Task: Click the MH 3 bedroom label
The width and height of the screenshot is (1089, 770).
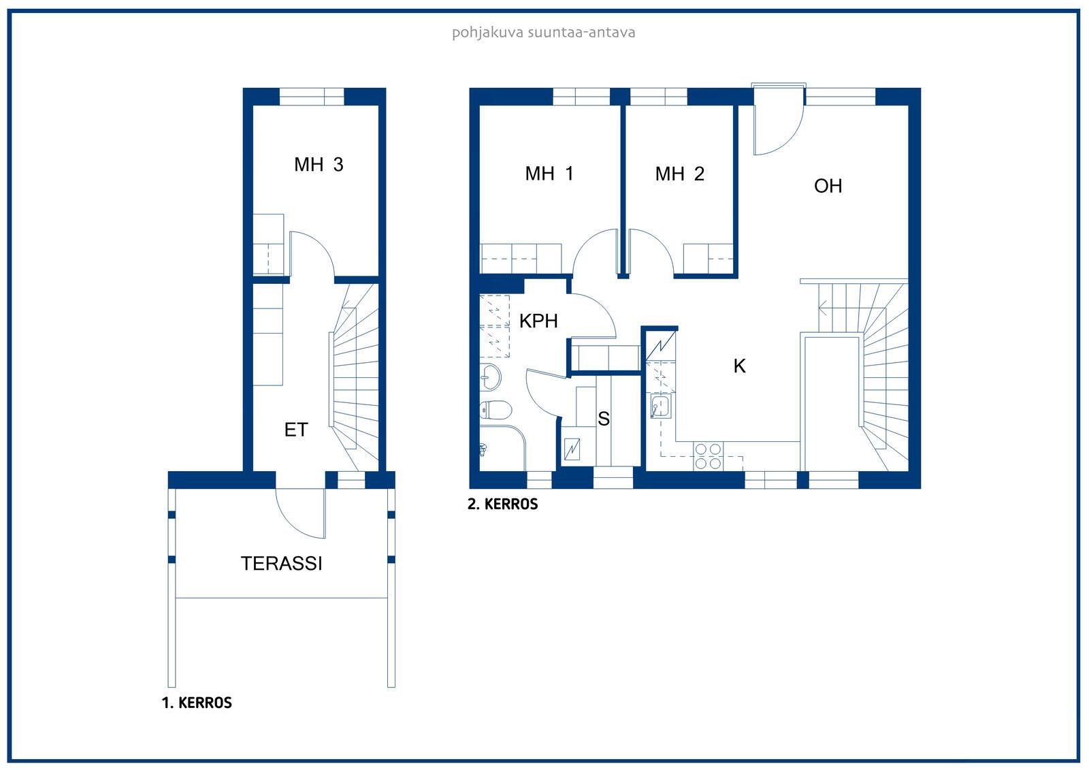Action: (319, 164)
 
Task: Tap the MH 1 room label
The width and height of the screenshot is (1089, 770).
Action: (549, 174)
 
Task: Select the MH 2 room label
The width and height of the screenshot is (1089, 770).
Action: (680, 174)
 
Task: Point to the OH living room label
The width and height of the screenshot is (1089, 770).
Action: (828, 186)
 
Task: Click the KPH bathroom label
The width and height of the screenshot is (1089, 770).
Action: (538, 321)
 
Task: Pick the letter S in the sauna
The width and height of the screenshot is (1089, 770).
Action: (603, 418)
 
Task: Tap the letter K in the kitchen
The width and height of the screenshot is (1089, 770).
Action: (739, 366)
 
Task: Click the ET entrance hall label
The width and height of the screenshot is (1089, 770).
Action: (296, 430)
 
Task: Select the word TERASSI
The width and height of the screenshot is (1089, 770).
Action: (282, 563)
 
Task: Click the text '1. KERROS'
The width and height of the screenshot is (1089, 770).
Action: (197, 703)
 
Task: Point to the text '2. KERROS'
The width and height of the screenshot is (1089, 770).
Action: (503, 504)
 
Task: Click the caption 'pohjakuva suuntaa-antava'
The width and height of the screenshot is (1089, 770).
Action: (544, 33)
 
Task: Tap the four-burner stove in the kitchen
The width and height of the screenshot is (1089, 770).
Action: (708, 456)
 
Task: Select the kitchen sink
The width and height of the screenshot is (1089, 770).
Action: (661, 406)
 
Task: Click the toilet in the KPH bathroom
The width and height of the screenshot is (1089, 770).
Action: (495, 410)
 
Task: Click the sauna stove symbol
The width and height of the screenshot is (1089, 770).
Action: (572, 449)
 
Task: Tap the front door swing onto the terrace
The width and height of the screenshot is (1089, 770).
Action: (300, 513)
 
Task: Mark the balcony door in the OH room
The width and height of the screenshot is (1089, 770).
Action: (778, 120)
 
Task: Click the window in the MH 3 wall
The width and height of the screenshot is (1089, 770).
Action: (312, 97)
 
